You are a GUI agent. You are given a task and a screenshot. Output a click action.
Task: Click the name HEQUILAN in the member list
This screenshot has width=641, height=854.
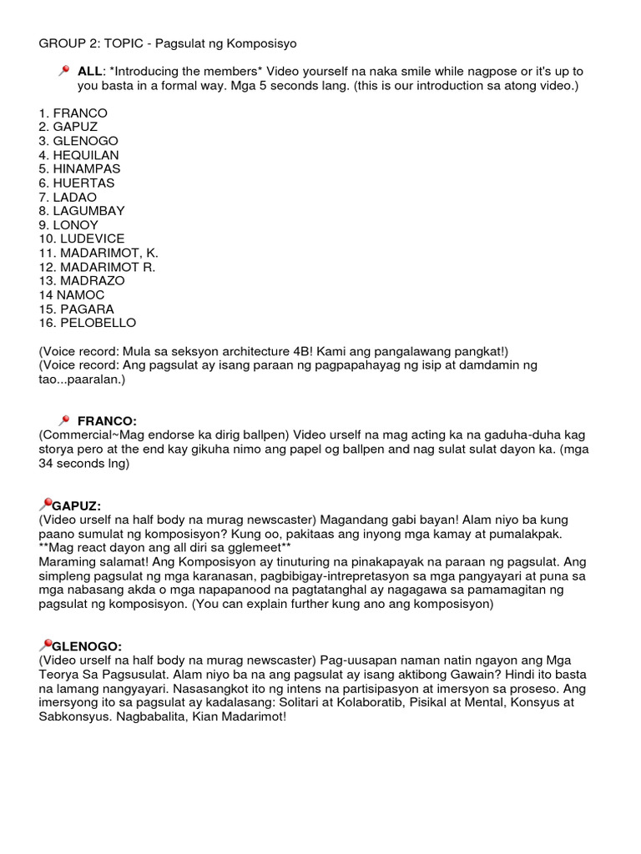[x=86, y=155]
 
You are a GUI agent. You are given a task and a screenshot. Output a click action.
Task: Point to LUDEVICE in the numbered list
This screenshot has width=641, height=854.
[x=92, y=239]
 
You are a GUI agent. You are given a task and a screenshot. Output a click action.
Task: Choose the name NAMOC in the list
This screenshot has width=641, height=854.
[x=80, y=295]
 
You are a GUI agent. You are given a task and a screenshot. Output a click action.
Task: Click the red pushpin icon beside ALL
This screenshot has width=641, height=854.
[x=64, y=72]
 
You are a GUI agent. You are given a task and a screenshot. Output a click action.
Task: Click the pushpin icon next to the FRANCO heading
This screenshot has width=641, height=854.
[x=64, y=420]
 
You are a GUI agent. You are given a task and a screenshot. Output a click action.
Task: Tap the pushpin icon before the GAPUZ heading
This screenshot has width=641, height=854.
[x=45, y=505]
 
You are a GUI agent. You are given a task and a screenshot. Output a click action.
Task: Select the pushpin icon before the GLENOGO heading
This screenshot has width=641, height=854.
[x=45, y=646]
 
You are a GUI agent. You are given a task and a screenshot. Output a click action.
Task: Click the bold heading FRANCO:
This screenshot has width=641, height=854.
[x=107, y=421]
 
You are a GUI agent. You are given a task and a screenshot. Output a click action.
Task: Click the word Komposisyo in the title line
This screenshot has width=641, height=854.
[x=264, y=43]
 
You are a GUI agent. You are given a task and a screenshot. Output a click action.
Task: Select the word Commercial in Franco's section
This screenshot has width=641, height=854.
[x=75, y=435]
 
